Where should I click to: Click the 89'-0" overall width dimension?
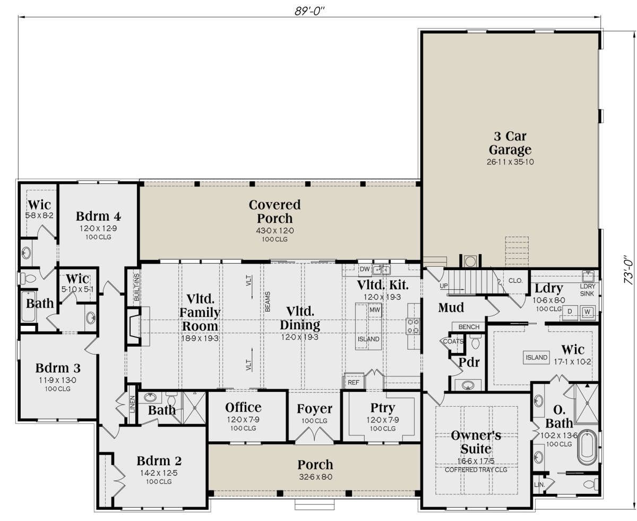(x=309, y=11)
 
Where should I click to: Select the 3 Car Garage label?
(x=510, y=143)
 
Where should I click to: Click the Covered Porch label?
(x=274, y=211)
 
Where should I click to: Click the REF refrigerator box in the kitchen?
(x=354, y=382)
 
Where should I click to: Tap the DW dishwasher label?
(x=365, y=269)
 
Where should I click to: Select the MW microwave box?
(x=375, y=310)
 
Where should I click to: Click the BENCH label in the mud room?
(x=469, y=327)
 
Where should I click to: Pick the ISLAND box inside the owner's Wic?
(x=536, y=357)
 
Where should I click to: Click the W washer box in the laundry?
(x=587, y=312)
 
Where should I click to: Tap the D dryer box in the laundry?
(x=570, y=312)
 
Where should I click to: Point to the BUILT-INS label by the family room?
(x=136, y=287)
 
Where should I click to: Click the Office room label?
(x=243, y=407)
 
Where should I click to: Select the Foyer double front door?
(x=314, y=435)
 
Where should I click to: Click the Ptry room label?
(x=383, y=408)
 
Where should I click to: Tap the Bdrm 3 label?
(x=58, y=368)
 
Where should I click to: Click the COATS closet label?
(x=453, y=341)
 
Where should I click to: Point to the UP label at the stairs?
(x=444, y=286)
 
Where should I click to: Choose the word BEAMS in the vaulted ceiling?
(x=268, y=301)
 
